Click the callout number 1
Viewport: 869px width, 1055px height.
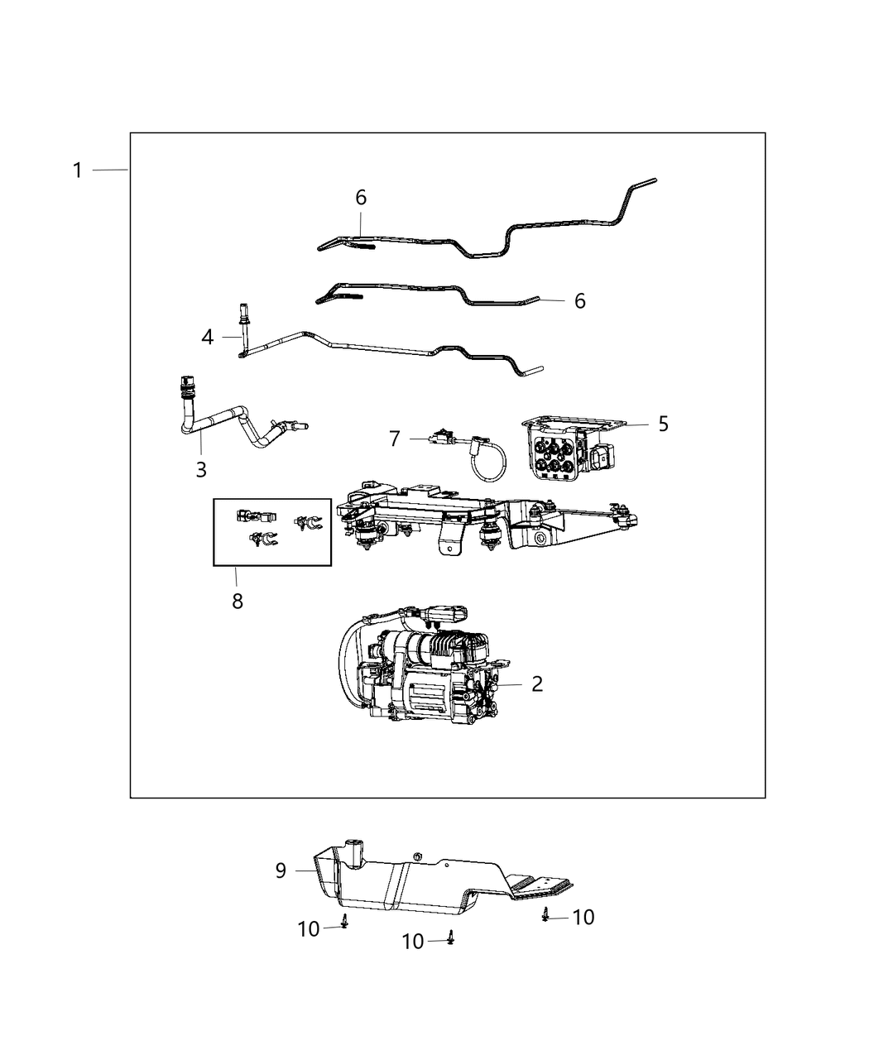77,170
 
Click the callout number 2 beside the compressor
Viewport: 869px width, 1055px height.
537,684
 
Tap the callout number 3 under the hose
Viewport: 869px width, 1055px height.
201,469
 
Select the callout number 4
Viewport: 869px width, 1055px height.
207,337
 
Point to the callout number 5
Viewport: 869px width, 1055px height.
663,424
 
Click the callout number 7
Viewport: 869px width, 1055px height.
395,439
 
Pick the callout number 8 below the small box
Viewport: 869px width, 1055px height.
238,601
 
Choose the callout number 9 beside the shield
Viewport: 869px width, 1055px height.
281,870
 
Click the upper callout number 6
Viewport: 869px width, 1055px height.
361,198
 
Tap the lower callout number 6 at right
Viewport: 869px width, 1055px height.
579,300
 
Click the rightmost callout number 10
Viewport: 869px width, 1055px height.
583,917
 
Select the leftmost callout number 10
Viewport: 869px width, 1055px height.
309,929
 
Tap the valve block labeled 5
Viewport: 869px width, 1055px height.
563,451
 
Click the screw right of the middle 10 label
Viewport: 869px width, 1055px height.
450,938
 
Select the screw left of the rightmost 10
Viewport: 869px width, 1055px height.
546,914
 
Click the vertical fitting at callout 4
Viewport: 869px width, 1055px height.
243,327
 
